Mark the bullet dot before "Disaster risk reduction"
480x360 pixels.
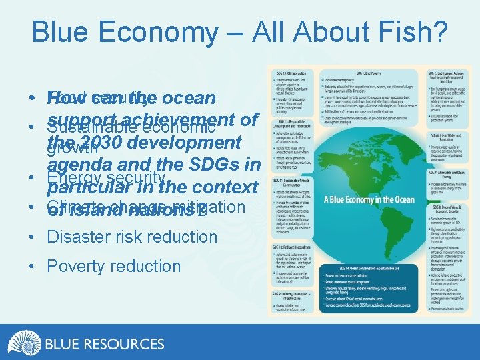coord(33,237)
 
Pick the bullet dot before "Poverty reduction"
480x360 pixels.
coord(33,267)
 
